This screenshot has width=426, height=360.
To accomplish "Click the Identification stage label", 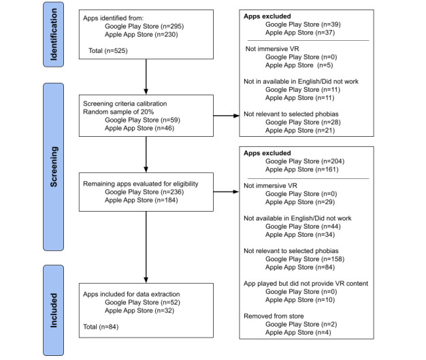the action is tap(54, 35).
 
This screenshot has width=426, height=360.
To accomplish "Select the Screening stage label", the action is tap(54, 167).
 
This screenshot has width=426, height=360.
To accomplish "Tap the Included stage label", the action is tap(54, 310).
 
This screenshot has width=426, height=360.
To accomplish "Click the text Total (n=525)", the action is tap(108, 51).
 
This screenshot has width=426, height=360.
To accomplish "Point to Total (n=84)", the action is tap(101, 327).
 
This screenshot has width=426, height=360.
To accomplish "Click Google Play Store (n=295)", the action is tap(144, 27).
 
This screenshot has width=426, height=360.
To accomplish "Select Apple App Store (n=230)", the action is tap(142, 35).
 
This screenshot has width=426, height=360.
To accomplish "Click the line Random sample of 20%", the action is tap(118, 112).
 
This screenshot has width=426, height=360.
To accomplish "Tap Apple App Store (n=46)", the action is tap(140, 128).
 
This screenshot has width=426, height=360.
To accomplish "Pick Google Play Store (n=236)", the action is tap(144, 192).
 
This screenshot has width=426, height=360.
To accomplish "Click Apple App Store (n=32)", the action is tap(140, 310).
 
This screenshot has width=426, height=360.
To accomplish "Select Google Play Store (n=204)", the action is tap(305, 161).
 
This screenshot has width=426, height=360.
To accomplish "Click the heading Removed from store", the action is tap(274, 316).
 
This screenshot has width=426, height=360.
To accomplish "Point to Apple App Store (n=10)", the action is tap(300, 299).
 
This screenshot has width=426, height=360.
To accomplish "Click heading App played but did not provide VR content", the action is tap(306, 283).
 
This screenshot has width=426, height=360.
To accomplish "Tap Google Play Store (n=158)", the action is tap(305, 259).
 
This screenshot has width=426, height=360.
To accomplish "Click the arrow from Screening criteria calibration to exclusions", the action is tap(227, 116).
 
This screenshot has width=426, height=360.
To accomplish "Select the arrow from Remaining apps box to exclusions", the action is tap(227, 192).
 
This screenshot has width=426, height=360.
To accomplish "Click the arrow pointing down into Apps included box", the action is tap(146, 247).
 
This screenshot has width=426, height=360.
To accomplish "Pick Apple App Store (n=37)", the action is tap(300, 33).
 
